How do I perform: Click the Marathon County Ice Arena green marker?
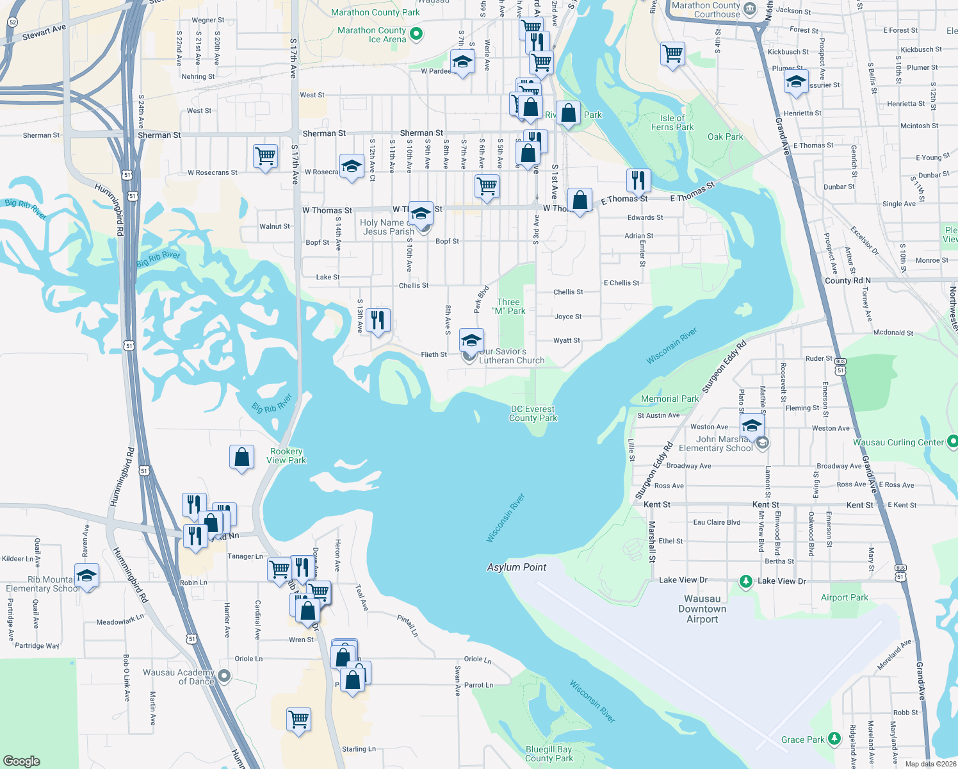416,33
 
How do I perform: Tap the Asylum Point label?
516,567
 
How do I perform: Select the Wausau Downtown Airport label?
702,609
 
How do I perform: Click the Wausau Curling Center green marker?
952,442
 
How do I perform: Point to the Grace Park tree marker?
834,739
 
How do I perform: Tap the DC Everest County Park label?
533,413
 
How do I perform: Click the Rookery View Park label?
286,456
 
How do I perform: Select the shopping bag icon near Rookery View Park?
241,458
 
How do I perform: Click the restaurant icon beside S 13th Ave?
378,320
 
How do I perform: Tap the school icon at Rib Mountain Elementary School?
86,575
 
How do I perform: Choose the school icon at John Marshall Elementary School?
752,426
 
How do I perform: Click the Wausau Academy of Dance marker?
224,675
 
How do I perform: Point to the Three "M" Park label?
508,306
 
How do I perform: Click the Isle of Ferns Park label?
672,122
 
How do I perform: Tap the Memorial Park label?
670,399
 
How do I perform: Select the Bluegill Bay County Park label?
549,754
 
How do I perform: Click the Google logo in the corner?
21,761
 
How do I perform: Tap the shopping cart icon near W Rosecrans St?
265,156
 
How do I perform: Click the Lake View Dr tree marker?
745,581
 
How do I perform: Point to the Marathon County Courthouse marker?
750,9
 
